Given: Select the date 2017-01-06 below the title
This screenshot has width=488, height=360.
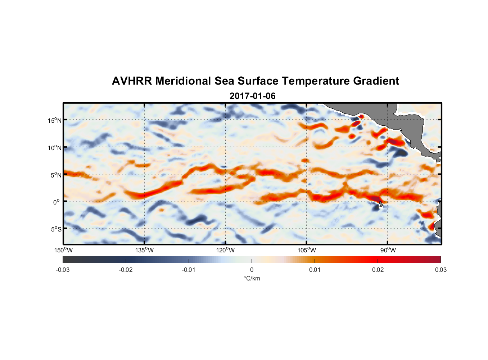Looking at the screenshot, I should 252,96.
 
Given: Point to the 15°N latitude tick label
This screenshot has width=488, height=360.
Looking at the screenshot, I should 55,120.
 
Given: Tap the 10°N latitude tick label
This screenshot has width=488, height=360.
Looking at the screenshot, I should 55,148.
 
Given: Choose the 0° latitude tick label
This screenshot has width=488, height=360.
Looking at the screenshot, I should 57,202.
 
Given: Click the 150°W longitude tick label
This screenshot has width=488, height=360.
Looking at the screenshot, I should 63,250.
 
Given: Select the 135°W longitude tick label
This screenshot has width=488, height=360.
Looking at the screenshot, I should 144,250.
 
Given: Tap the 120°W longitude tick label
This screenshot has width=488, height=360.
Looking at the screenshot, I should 226,250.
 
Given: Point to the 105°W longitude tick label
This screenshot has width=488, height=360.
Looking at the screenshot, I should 307,250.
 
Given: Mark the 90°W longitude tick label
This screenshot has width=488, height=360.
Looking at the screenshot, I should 388,250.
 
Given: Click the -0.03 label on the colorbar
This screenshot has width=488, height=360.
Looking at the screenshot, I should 63,270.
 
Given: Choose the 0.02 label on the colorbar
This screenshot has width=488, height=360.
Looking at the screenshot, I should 378,270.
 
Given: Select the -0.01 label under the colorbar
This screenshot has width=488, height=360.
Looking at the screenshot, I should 189,270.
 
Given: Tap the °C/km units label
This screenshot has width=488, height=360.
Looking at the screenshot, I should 252,278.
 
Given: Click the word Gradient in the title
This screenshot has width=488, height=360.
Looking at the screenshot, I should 376,81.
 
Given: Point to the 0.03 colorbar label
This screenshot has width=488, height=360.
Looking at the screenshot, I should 440,270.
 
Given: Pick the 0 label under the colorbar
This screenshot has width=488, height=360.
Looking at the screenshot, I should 252,270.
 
